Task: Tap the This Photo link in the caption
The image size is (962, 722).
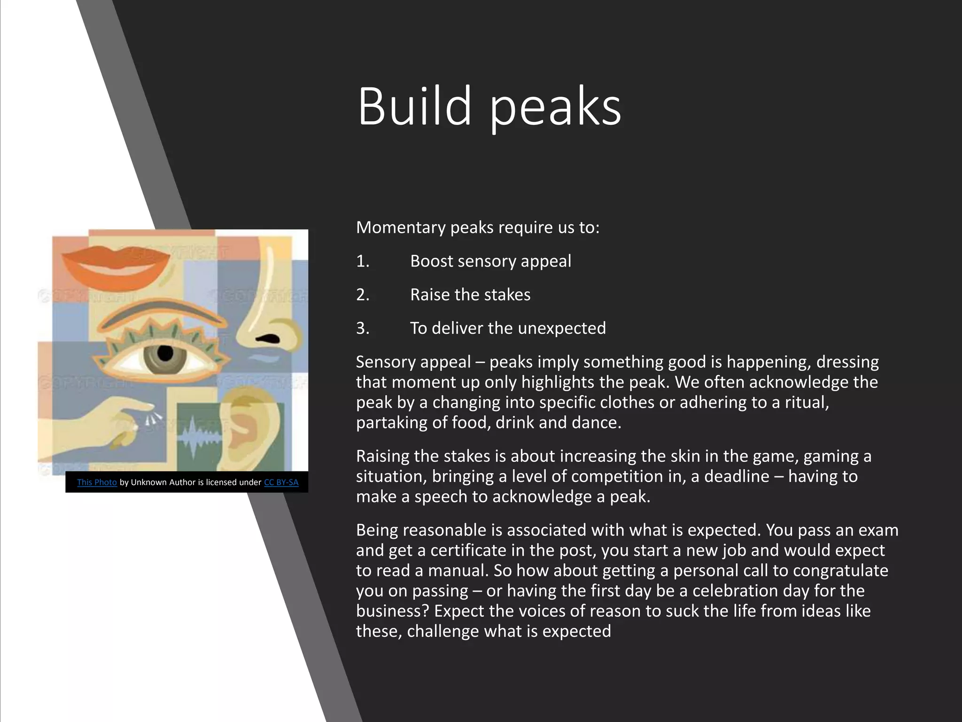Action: tap(97, 482)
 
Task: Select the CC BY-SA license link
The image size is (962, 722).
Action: tap(281, 482)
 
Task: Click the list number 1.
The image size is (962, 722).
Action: tap(362, 261)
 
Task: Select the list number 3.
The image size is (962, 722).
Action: tap(362, 328)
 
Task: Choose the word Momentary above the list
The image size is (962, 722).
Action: tap(401, 228)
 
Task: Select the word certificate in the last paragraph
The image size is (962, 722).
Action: tap(477, 550)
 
